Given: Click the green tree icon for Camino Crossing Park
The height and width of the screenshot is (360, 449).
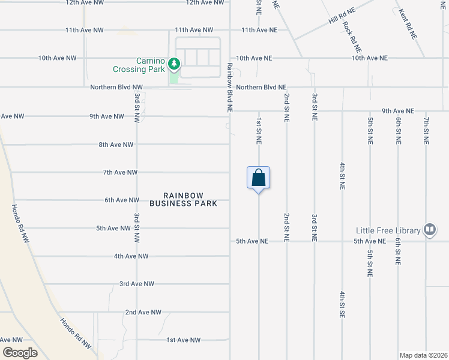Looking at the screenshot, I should point(174,63).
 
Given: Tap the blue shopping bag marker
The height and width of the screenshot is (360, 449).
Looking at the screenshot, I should point(258,178).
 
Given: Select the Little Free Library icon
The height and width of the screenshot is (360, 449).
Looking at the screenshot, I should point(430,230).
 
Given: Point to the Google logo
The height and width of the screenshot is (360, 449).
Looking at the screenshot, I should point(20,353).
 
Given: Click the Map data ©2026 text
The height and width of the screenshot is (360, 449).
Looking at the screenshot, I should point(423,355).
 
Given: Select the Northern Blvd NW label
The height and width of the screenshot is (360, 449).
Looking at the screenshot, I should point(116,87).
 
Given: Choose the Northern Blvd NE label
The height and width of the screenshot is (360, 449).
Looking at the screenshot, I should point(261,87).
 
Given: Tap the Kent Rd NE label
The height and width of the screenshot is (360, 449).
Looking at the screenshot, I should point(408,23).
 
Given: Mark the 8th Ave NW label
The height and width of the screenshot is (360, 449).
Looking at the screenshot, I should point(116,145).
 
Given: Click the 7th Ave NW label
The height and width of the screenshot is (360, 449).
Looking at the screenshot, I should point(120,172).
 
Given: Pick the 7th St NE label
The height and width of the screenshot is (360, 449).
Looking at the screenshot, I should point(426,131).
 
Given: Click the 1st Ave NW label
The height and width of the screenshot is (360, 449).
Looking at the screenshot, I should point(183,340).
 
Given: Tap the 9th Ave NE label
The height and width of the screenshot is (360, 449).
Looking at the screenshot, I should point(398,111).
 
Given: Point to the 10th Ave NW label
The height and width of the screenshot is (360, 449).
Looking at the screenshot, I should point(57,58).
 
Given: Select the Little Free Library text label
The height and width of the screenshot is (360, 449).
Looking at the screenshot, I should point(389,230).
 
